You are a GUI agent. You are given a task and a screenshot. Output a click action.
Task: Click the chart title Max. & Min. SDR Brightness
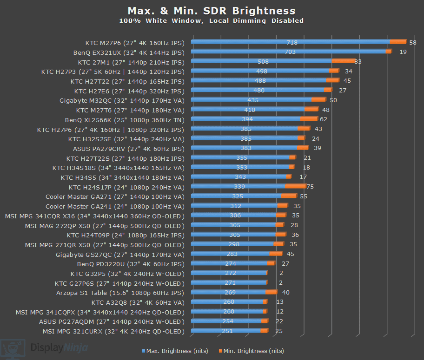[212, 11]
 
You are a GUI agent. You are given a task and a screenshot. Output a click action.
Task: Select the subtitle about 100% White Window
[212, 21]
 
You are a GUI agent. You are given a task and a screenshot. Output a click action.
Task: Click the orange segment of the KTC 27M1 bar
[343, 61]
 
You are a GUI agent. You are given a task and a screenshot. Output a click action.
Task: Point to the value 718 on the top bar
[292, 42]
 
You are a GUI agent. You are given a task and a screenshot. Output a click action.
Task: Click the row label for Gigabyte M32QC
[122, 100]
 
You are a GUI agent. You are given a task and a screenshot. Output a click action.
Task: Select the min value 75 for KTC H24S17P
[310, 187]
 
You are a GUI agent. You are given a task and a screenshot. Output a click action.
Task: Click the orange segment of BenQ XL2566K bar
[309, 119]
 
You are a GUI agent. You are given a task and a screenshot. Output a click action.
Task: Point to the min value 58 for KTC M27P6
[412, 42]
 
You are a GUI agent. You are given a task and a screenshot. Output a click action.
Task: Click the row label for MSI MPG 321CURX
[113, 331]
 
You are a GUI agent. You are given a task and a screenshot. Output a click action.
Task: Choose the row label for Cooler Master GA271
[115, 196]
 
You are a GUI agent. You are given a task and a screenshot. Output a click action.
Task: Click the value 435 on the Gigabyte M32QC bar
[253, 100]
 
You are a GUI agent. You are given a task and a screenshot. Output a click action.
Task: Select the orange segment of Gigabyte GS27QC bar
[276, 254]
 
